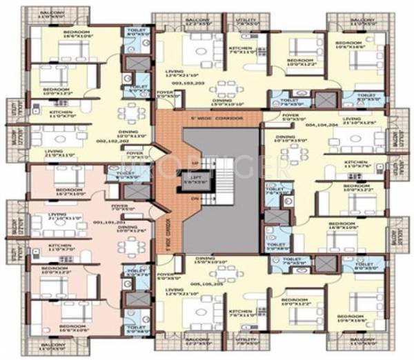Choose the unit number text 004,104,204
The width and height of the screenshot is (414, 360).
321,126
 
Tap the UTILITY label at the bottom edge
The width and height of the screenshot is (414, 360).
247,341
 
